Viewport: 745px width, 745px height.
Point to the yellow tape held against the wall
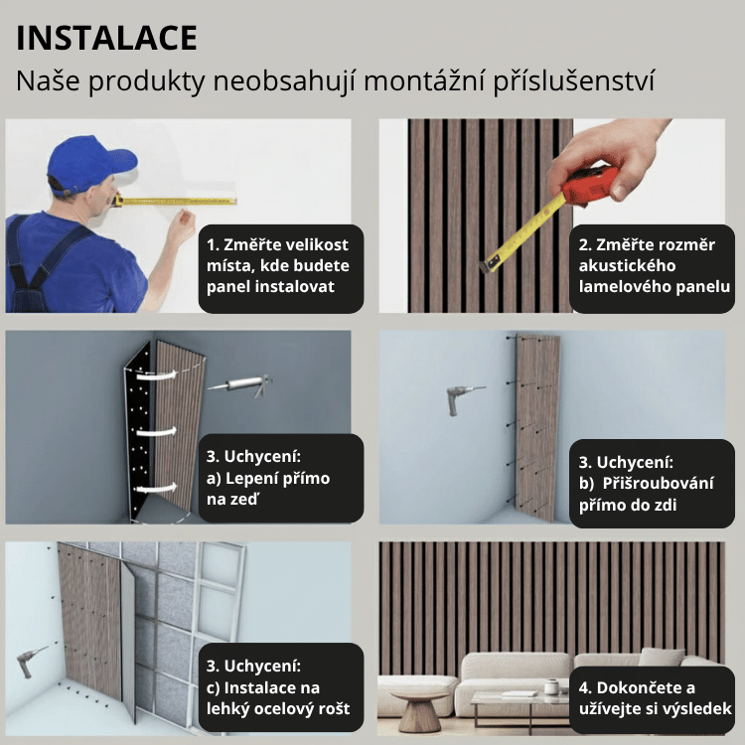point(179,201)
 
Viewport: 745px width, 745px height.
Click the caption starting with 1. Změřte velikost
point(277,266)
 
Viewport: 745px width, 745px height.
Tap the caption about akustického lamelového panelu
point(655,266)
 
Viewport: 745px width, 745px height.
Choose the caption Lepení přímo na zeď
point(277,479)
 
